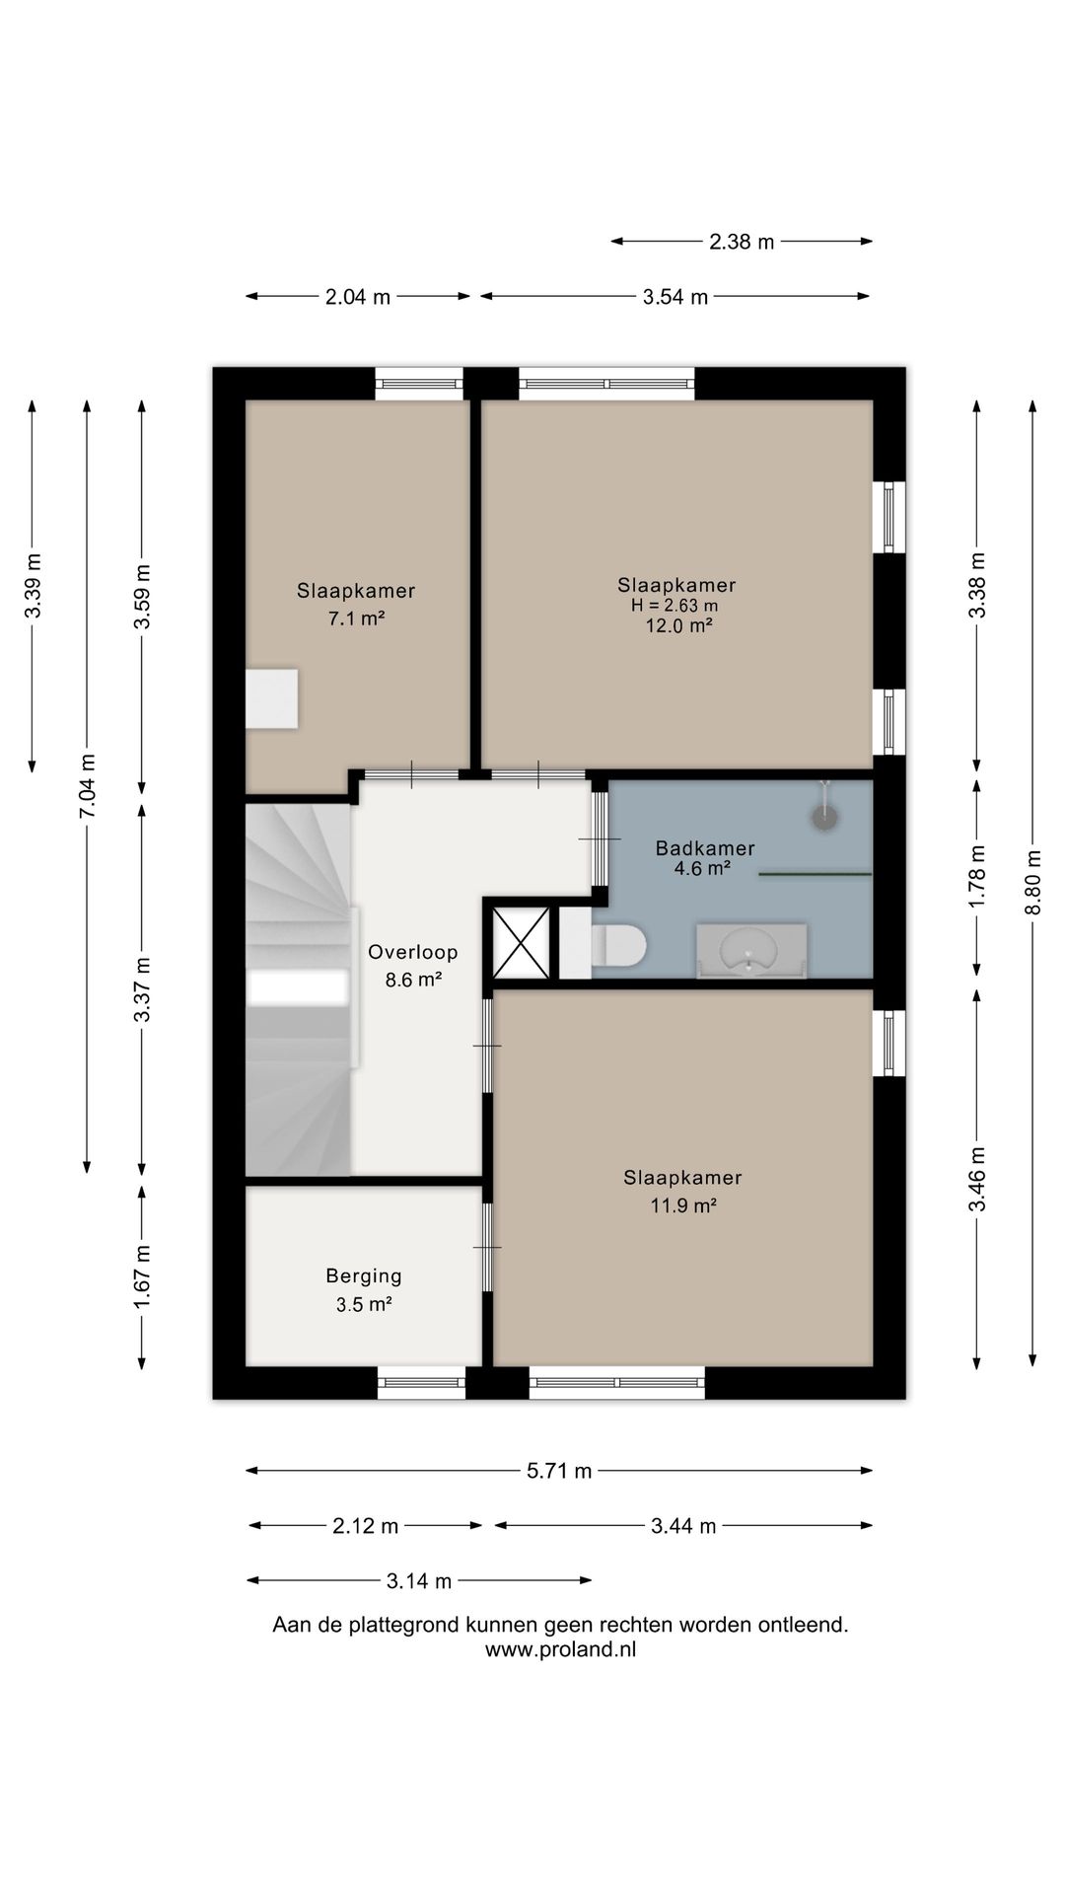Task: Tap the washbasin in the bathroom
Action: pos(751,951)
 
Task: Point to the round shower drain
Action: pos(823,817)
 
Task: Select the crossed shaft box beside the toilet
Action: pos(521,943)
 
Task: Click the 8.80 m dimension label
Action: pos(1032,882)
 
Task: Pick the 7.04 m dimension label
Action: pos(88,785)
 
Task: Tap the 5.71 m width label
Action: pos(559,1471)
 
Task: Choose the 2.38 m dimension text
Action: pos(742,241)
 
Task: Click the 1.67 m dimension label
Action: pos(143,1277)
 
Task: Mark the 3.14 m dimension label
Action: pos(419,1581)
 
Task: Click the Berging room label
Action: pos(364,1275)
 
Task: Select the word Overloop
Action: pos(412,952)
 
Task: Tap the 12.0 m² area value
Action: pos(678,625)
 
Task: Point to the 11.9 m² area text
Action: pos(682,1204)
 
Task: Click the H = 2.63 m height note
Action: pos(674,605)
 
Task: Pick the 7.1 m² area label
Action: pos(356,619)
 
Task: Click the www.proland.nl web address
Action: pos(560,1649)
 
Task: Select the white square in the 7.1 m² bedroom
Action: pos(271,698)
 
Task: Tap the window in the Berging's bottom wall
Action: pos(421,1383)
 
